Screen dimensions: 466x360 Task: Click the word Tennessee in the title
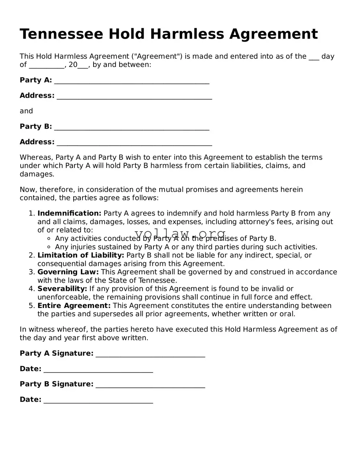[x=61, y=34]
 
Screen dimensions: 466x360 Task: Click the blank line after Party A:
[x=132, y=81]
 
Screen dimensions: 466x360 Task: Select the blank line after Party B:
[x=132, y=127]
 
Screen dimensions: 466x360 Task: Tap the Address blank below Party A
[x=134, y=97]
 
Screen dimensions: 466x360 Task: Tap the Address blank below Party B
[x=134, y=143]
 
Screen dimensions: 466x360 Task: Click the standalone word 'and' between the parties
[x=26, y=111]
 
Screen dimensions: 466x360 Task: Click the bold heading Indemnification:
[x=69, y=213]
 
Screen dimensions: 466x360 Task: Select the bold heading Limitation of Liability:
[x=81, y=255]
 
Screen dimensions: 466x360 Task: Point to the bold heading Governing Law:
[x=68, y=272]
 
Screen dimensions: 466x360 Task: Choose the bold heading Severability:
[x=62, y=289]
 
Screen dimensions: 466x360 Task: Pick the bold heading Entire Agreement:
[x=74, y=306]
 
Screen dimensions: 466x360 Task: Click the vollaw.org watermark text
[x=180, y=234]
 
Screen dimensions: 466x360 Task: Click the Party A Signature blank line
[x=150, y=354]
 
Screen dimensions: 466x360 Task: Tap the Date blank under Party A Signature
[x=98, y=370]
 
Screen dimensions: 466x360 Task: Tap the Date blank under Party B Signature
[x=98, y=400]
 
